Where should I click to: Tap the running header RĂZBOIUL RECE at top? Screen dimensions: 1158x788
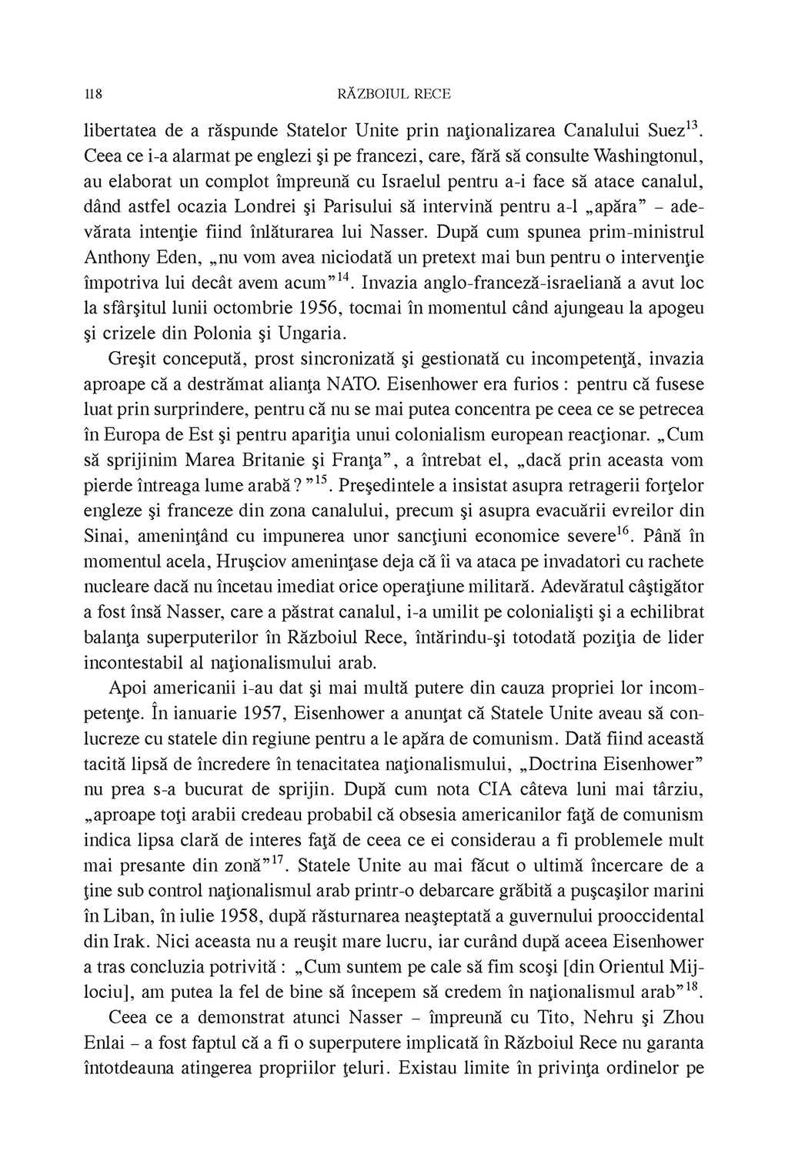click(x=394, y=95)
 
